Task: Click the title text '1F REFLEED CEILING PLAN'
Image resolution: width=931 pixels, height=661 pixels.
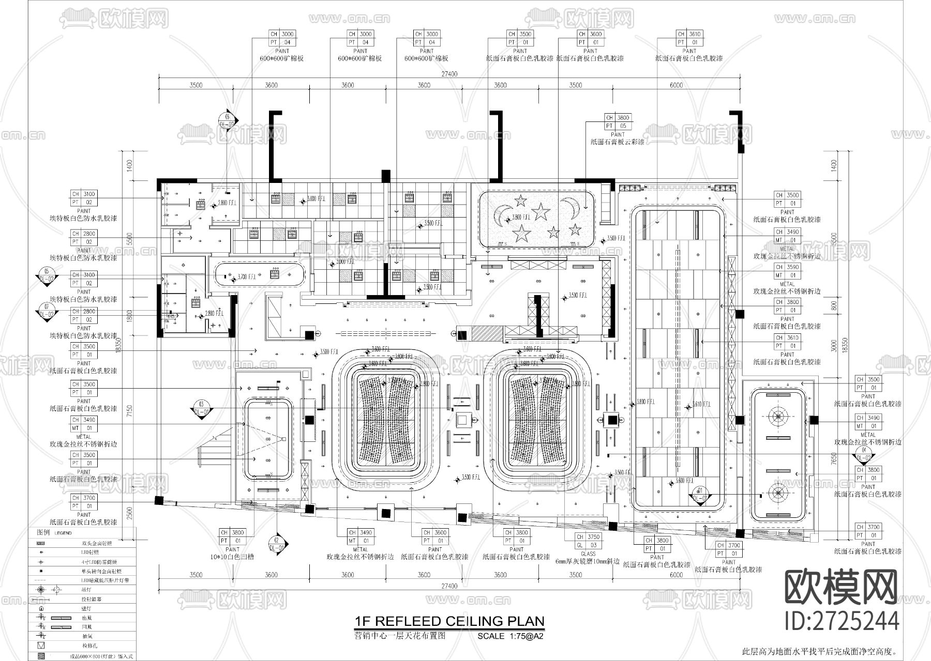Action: [x=449, y=621]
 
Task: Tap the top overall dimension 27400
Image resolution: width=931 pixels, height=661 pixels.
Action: [x=449, y=74]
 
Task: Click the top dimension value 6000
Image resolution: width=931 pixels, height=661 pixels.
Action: [x=676, y=85]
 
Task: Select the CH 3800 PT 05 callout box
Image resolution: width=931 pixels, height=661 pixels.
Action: [x=618, y=122]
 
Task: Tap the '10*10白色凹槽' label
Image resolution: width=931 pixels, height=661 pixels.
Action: [x=232, y=557]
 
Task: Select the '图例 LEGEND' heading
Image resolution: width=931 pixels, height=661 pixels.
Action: [x=54, y=532]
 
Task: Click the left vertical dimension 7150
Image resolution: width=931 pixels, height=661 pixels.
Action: [x=130, y=411]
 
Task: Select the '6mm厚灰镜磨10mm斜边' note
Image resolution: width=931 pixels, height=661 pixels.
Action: [x=588, y=561]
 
